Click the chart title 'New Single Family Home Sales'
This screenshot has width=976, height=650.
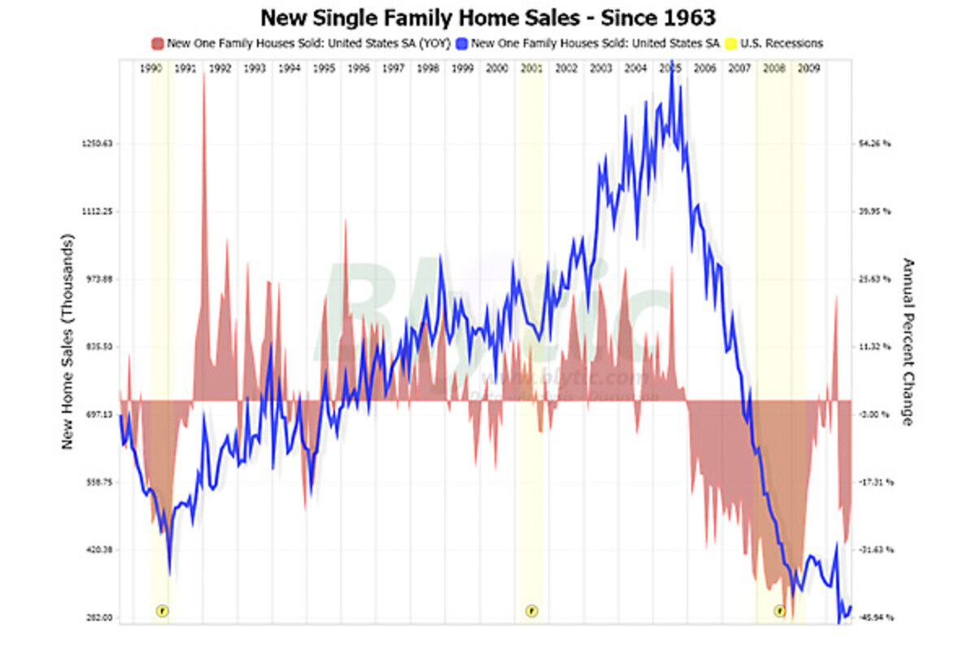(x=488, y=16)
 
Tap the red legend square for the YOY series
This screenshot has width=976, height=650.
(x=157, y=43)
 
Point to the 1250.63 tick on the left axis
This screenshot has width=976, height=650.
(x=98, y=144)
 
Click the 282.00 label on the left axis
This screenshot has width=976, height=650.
(x=99, y=617)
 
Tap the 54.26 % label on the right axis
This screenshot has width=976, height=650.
(x=875, y=144)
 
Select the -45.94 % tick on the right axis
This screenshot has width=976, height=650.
(x=875, y=617)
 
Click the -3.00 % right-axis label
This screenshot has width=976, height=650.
(x=875, y=414)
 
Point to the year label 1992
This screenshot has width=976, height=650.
(x=220, y=69)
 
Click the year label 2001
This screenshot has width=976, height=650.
(x=531, y=69)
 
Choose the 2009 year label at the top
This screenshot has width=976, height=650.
(x=808, y=69)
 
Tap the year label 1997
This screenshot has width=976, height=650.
(x=393, y=69)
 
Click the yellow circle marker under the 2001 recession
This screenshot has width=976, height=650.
(x=531, y=610)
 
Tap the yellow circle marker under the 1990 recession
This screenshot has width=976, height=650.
(x=162, y=610)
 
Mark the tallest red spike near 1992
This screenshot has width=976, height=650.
(x=204, y=77)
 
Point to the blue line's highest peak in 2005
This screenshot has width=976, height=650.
(x=670, y=63)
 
